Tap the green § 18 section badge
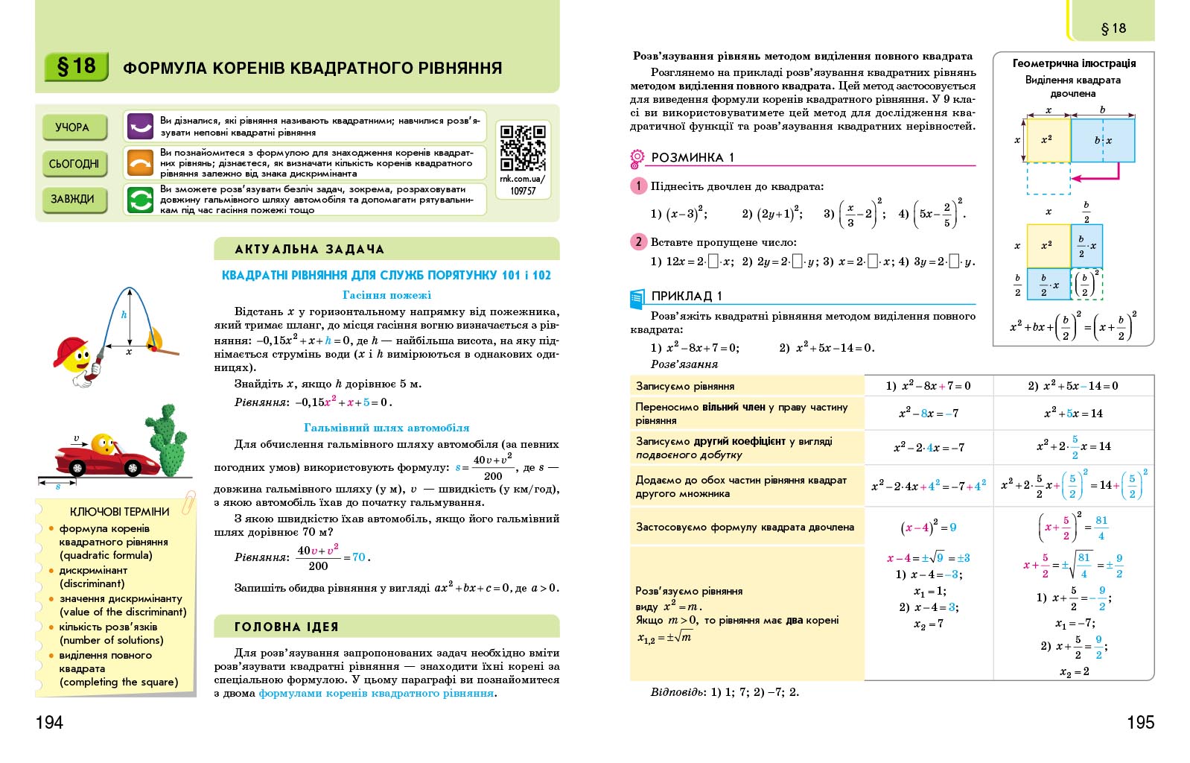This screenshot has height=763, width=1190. (76, 66)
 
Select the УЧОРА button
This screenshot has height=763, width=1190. (72, 127)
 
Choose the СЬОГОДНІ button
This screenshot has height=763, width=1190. (74, 163)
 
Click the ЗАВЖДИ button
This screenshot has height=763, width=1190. (72, 199)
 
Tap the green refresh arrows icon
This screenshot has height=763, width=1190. (140, 199)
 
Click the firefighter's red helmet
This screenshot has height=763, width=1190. (69, 349)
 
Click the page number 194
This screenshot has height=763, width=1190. (49, 721)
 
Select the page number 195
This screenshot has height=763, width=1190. (1140, 721)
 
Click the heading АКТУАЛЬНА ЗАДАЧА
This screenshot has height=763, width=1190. (309, 249)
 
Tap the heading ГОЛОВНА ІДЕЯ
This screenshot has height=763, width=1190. (287, 627)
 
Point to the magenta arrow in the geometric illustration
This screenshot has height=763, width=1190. (1095, 176)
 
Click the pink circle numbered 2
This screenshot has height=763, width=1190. (638, 241)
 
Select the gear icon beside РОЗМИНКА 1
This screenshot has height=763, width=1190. (637, 157)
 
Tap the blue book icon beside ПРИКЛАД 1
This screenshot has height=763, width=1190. (637, 298)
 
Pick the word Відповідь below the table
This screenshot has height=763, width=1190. (676, 691)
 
